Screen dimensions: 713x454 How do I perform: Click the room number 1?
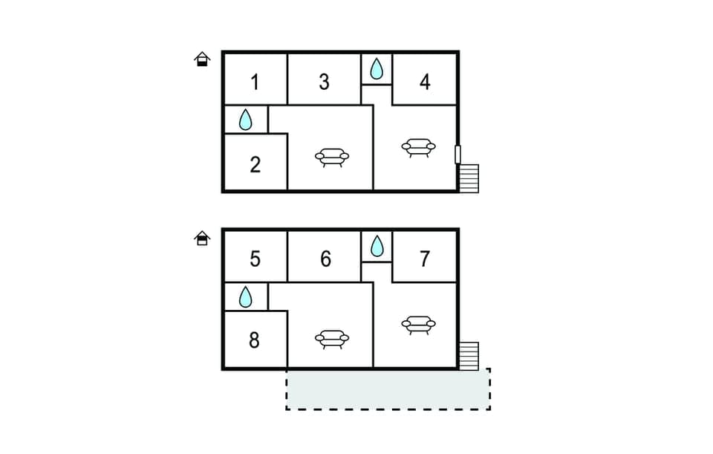click(255, 82)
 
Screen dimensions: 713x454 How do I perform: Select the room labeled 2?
click(255, 164)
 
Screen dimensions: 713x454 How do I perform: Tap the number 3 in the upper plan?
click(324, 82)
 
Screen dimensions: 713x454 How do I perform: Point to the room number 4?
click(425, 82)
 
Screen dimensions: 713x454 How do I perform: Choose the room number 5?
click(255, 259)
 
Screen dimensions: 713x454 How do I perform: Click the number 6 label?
click(325, 259)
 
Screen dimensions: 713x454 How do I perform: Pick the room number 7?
click(425, 259)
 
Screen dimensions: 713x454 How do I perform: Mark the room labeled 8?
click(255, 341)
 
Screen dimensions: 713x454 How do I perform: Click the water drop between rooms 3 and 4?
click(377, 69)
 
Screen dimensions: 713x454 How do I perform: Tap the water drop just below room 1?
click(246, 119)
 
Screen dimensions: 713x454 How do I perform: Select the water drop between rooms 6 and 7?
click(377, 246)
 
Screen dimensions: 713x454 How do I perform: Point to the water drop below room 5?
click(246, 297)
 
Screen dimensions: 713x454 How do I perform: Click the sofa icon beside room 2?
click(331, 157)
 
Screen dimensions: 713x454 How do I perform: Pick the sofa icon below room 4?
click(418, 147)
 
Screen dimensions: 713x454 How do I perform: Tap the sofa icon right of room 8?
click(331, 339)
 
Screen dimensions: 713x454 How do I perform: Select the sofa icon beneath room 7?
click(418, 325)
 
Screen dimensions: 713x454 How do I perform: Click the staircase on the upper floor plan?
click(469, 178)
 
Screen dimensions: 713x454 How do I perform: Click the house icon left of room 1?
click(202, 59)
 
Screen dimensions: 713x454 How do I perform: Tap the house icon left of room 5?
click(202, 238)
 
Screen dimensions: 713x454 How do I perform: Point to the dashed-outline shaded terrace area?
click(388, 389)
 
